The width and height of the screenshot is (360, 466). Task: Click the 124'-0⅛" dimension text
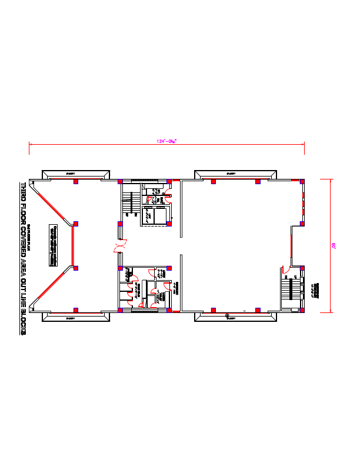point(166,141)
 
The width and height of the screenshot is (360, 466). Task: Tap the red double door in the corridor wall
point(120,246)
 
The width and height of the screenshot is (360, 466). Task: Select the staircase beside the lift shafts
point(127,203)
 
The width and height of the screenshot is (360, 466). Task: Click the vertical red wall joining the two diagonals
point(72,246)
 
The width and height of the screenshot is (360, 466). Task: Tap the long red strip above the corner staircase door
point(291,247)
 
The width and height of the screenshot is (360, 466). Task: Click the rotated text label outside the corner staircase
point(316,289)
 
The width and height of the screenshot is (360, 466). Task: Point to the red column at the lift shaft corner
point(168,224)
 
